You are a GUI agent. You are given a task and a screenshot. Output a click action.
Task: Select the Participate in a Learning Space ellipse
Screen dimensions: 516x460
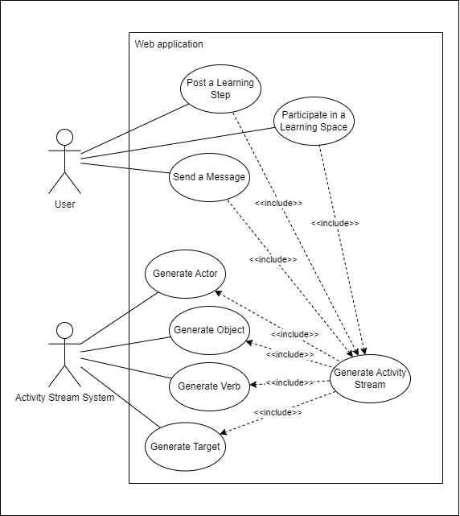coord(314,122)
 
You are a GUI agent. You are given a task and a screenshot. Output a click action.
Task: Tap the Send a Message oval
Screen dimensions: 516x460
coord(208,176)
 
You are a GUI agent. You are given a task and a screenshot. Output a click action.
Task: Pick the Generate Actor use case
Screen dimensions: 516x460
coord(185,274)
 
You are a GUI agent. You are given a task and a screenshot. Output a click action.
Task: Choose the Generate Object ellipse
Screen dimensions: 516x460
coord(208,330)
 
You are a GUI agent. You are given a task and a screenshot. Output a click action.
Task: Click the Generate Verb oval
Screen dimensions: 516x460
coord(209,386)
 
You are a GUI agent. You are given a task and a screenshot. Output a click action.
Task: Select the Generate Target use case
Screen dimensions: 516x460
coord(185,446)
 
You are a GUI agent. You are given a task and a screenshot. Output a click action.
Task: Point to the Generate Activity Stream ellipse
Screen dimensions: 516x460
coord(370,378)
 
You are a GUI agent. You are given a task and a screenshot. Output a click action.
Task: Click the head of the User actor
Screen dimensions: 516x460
coord(64,136)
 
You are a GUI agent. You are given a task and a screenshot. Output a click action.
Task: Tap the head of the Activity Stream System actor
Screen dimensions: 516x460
coord(64,331)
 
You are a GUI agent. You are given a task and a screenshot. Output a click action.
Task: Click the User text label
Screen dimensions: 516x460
coord(64,204)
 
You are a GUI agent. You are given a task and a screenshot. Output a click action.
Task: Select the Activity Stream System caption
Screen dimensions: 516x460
coord(64,397)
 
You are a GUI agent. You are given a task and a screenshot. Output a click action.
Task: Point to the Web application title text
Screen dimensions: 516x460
coord(169,44)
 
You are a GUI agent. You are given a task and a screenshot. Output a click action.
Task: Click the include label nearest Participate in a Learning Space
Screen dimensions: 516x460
coord(335,223)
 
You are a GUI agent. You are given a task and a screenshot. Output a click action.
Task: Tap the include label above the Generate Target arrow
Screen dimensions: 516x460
coord(277,412)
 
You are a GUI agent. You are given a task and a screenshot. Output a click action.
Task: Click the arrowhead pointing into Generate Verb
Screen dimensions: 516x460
coord(253,385)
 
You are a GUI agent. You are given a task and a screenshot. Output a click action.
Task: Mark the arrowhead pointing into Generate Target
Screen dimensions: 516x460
coord(223,433)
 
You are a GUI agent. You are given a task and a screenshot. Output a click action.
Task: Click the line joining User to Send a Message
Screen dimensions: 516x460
coord(125,169)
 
